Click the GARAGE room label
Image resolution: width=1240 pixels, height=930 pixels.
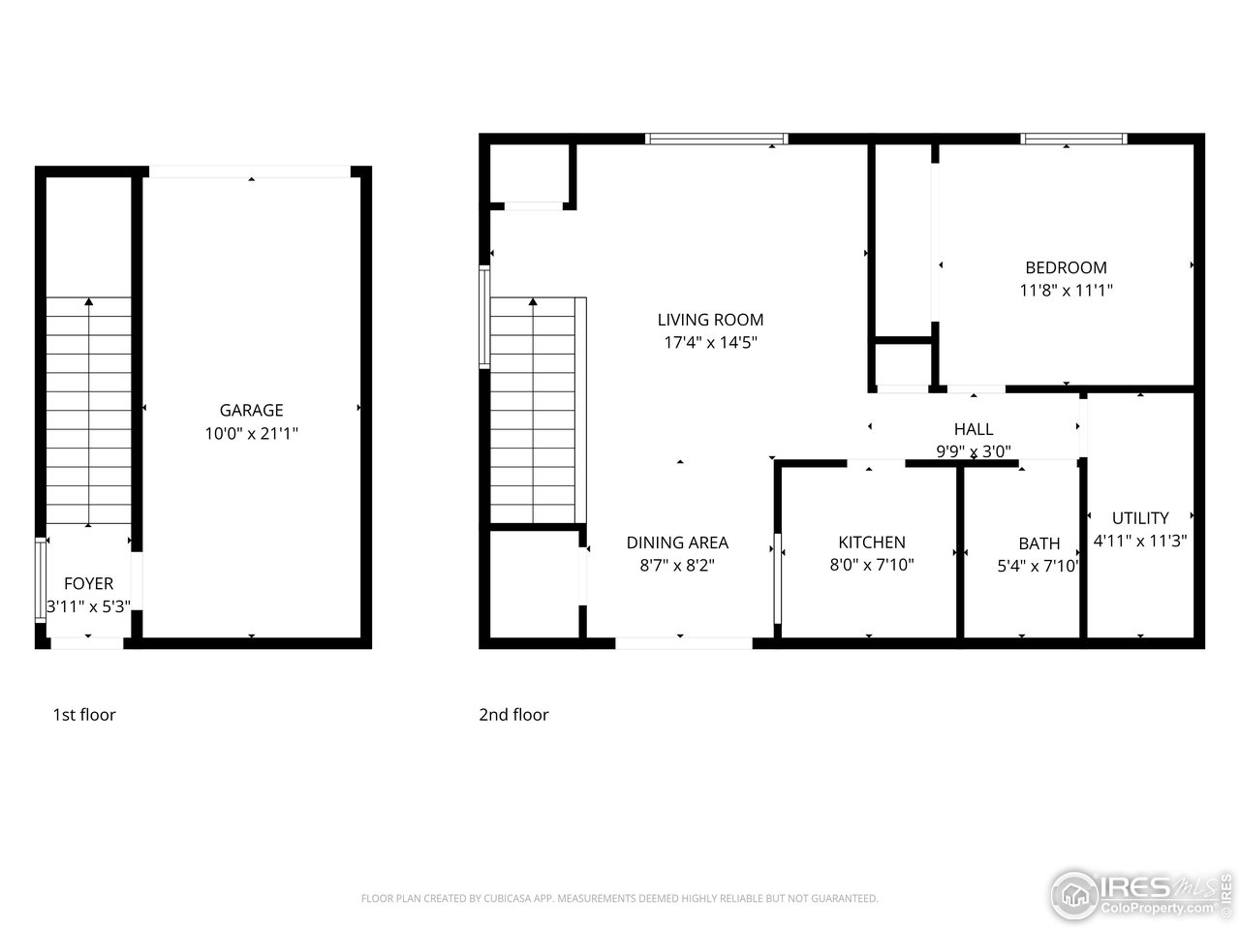251,411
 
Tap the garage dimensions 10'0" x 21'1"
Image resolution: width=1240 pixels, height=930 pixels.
251,434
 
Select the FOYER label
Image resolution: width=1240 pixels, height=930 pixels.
88,583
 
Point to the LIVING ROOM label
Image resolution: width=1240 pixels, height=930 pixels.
710,320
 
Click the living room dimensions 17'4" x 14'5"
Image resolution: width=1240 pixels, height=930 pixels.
710,342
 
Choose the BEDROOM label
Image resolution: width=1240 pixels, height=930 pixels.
1066,267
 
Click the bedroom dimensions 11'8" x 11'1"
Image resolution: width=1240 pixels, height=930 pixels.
1066,290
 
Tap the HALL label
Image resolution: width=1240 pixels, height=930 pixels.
973,429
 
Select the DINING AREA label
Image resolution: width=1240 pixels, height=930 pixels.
677,542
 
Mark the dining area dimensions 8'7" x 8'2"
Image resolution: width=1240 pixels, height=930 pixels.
677,566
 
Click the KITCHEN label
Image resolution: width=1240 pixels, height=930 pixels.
872,542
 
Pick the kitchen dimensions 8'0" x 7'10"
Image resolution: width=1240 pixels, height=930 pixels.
872,565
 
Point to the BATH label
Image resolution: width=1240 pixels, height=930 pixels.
1038,543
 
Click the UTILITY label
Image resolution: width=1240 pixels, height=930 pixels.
1140,518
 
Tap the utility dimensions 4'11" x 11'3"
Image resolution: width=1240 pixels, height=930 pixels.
1140,541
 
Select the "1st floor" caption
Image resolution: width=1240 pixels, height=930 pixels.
84,715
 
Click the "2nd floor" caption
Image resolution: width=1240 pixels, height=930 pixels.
513,715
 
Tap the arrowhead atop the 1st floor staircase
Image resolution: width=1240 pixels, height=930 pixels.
89,302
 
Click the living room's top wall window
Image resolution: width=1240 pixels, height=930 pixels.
717,139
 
